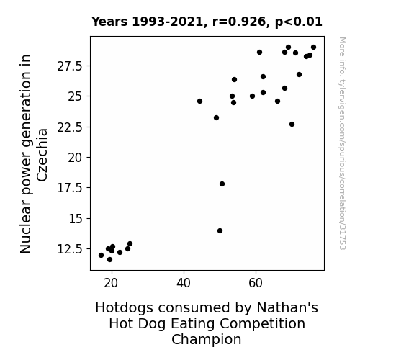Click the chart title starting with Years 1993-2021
point(207,22)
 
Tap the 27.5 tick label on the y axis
point(70,66)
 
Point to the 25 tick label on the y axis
point(76,96)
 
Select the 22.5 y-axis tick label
point(70,127)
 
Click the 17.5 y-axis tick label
point(70,188)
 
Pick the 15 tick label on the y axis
point(76,219)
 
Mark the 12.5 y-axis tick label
point(70,249)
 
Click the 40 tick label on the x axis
point(184,283)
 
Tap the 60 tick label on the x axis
point(256,283)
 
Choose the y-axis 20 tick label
point(76,158)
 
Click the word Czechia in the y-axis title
point(42,156)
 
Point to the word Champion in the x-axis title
point(207,339)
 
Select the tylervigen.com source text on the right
point(343,143)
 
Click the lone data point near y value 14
point(220,231)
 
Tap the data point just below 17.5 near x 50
point(222,184)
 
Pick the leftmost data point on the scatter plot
point(101,255)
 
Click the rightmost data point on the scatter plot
point(314,48)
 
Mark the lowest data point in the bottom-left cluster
point(110,260)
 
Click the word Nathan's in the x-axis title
point(287,307)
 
